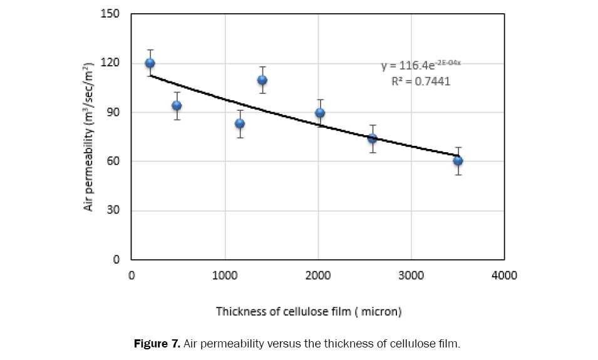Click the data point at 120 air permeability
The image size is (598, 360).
150,63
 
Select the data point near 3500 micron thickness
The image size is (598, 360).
458,160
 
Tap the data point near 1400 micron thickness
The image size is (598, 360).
262,80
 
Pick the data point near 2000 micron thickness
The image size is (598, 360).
320,113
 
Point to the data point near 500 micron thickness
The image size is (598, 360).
177,105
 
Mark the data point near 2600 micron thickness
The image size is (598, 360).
372,138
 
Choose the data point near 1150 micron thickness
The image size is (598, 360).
240,123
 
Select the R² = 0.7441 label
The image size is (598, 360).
421,81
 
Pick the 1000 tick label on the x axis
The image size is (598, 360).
224,275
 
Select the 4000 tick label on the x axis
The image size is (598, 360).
504,275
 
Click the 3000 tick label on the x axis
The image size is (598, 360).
411,275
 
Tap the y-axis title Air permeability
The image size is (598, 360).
89,136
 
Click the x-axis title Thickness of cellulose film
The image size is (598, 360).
308,311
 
